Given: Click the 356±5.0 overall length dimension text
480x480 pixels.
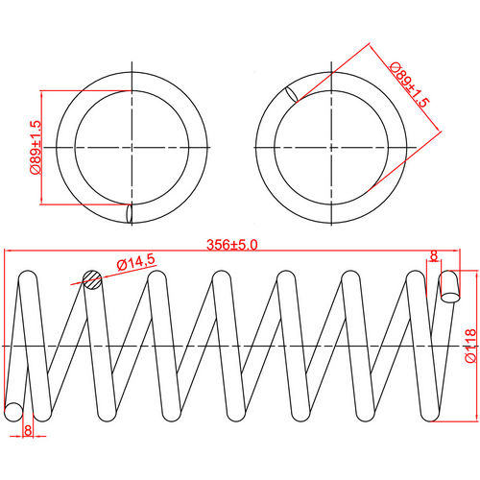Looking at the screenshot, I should [x=231, y=245].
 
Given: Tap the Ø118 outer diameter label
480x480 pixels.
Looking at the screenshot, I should [x=469, y=345].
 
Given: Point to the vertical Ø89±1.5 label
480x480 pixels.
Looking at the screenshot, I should [x=35, y=147].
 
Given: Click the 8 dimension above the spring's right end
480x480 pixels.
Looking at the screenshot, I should [x=434, y=256].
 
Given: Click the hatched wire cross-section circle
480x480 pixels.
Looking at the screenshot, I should [x=91, y=279].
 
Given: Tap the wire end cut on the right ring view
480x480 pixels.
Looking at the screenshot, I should [x=291, y=94].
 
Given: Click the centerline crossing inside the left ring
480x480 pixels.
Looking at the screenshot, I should [x=131, y=147].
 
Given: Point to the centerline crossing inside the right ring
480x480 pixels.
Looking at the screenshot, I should [x=332, y=147].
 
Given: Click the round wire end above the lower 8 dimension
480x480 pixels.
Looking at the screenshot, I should [x=13, y=412].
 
